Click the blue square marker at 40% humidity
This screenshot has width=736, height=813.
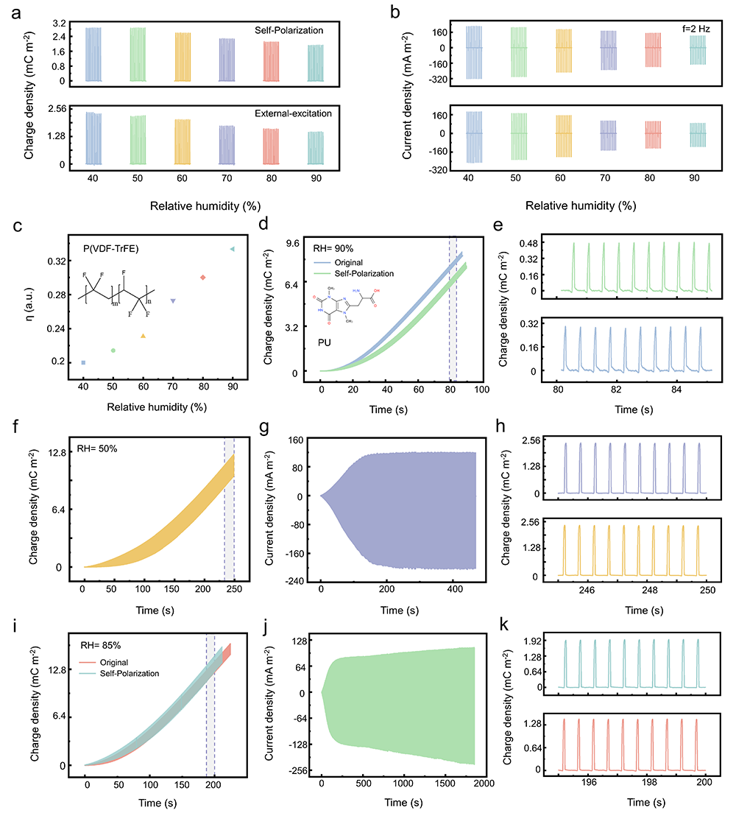[x=83, y=362]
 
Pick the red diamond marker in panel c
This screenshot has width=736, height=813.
[x=202, y=278]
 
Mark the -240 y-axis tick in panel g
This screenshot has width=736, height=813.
[x=292, y=581]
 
